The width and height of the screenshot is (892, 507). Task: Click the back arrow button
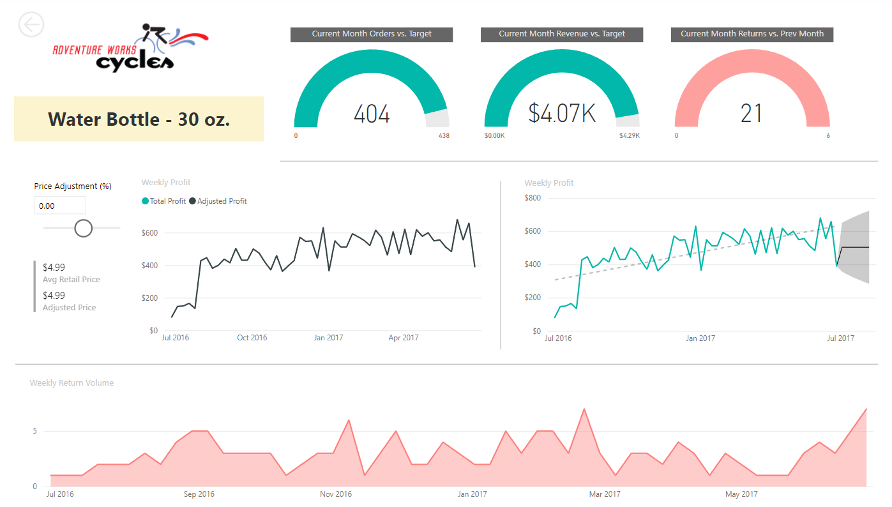pyautogui.click(x=31, y=25)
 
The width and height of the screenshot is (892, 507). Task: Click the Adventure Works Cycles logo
pyautogui.click(x=131, y=49)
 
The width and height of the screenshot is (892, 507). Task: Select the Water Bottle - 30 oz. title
pyautogui.click(x=139, y=119)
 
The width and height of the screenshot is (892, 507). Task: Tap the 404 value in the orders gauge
pyautogui.click(x=372, y=114)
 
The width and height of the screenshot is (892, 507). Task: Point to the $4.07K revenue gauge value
pyautogui.click(x=562, y=113)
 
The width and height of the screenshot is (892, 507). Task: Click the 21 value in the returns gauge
pyautogui.click(x=752, y=114)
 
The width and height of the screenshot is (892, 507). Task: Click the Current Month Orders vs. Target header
pyautogui.click(x=372, y=34)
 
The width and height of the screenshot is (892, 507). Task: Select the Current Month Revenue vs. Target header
pyautogui.click(x=562, y=34)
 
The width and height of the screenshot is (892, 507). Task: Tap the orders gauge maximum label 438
pyautogui.click(x=444, y=136)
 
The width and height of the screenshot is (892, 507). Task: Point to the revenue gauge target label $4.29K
pyautogui.click(x=629, y=136)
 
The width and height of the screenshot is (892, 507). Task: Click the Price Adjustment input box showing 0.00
pyautogui.click(x=59, y=206)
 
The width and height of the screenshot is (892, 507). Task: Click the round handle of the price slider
pyautogui.click(x=84, y=228)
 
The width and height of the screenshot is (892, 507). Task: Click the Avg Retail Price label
pyautogui.click(x=71, y=279)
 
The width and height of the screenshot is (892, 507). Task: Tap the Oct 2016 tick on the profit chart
pyautogui.click(x=252, y=338)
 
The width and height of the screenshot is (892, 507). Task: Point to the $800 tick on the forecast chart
pyautogui.click(x=532, y=198)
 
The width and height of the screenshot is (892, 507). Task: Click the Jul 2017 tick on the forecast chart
pyautogui.click(x=841, y=338)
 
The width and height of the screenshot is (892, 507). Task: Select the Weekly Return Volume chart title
pyautogui.click(x=72, y=383)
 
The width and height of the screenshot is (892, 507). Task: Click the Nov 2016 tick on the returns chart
pyautogui.click(x=336, y=494)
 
